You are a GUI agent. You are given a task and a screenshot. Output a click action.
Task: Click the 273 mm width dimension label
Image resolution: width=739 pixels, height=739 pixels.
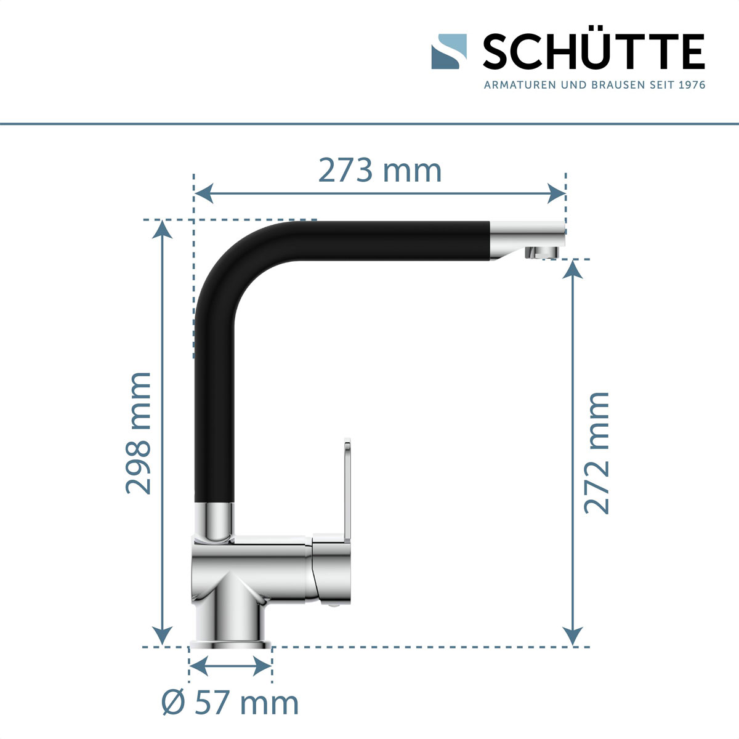[380, 171]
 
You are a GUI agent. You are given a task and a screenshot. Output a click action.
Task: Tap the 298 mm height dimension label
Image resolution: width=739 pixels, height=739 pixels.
[139, 432]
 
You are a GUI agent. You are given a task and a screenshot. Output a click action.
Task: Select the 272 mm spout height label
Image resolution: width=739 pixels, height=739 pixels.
[596, 452]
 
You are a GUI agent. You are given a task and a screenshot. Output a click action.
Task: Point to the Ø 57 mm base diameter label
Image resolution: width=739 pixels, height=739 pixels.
[230, 703]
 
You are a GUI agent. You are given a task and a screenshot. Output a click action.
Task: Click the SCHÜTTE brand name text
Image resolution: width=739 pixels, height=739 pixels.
[593, 52]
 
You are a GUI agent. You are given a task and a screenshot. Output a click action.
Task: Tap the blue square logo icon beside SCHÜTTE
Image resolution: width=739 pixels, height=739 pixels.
[449, 52]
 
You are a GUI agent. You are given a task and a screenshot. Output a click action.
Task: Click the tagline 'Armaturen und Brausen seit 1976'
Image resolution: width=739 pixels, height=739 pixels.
[594, 85]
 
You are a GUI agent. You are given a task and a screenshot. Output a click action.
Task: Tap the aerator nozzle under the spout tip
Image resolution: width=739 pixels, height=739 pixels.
[541, 252]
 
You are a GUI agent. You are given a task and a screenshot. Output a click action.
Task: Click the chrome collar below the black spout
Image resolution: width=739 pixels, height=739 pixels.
[214, 520]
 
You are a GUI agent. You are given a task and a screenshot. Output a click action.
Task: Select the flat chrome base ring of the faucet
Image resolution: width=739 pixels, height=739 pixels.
[230, 644]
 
